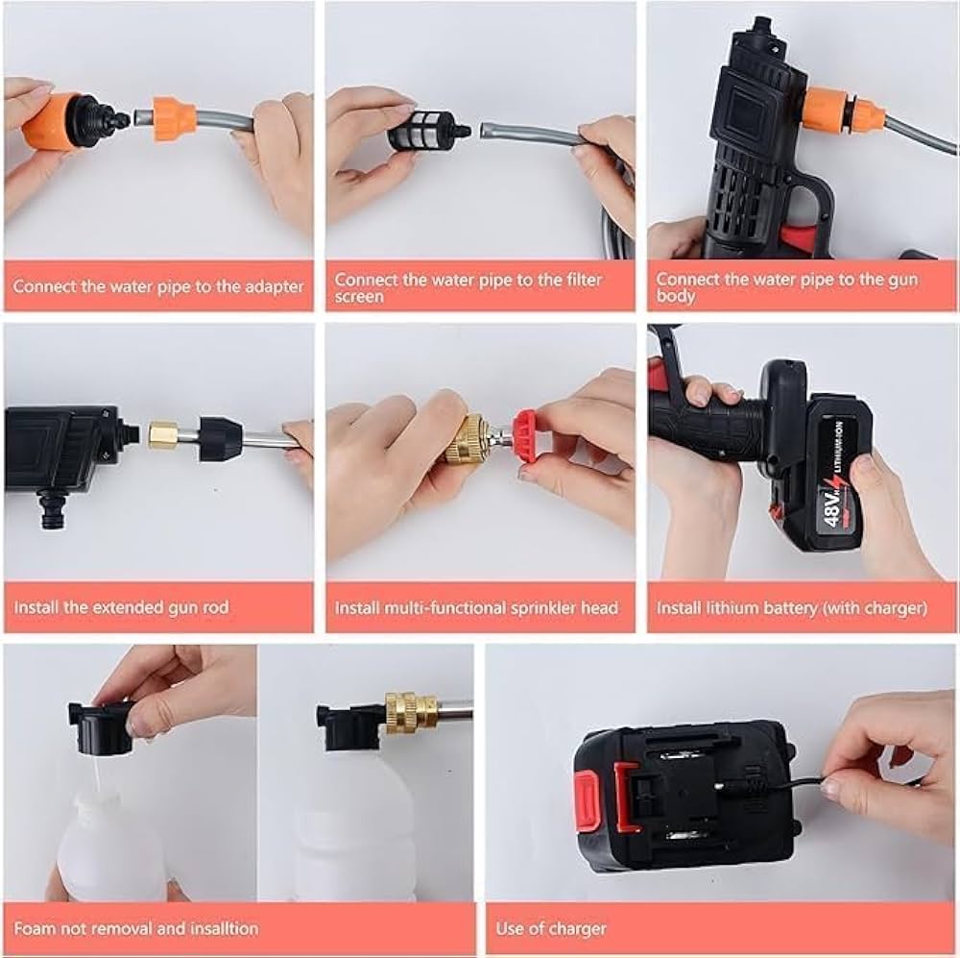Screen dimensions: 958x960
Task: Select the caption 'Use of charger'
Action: click(551, 928)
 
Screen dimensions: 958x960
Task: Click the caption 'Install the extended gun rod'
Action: click(122, 607)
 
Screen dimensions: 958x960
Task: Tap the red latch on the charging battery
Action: click(625, 796)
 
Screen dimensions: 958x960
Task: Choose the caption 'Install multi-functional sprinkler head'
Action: click(476, 607)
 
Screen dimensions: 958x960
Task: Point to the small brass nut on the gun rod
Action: click(163, 435)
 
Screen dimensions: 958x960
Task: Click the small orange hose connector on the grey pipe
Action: click(175, 118)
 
